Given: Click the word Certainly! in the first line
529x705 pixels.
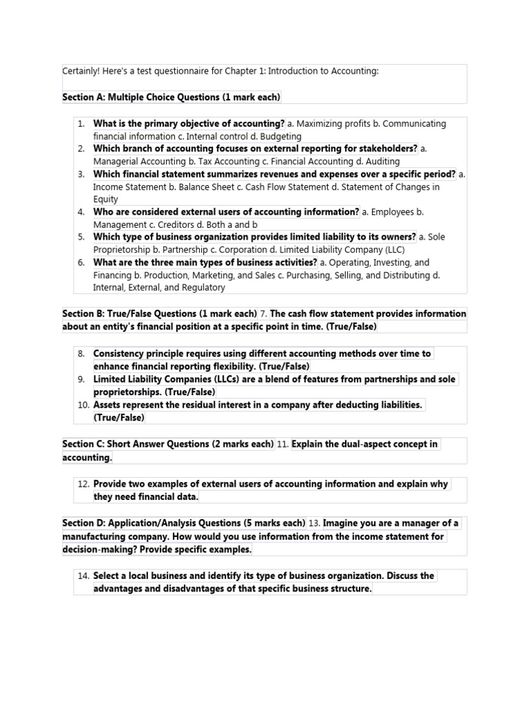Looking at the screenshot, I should point(84,71).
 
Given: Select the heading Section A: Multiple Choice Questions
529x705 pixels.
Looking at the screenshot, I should point(171,97).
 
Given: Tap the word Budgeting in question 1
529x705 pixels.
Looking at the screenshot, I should point(282,136).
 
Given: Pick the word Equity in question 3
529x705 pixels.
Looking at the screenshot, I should point(106,199).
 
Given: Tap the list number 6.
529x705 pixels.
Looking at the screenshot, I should point(81,262).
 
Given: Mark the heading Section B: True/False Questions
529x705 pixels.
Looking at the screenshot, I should point(159,313).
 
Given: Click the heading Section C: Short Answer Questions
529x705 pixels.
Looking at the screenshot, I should point(167,444).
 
